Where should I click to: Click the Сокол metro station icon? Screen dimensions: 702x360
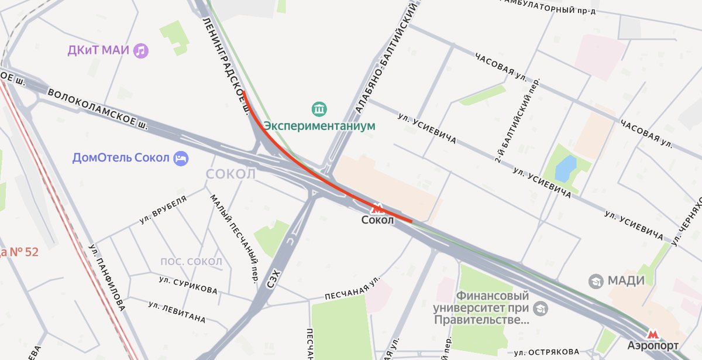(x=378, y=208)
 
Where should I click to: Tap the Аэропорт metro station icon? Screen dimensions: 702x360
(x=653, y=334)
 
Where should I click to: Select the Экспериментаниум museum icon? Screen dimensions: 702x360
(x=319, y=109)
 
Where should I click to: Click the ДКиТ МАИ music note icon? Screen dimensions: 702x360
(x=140, y=50)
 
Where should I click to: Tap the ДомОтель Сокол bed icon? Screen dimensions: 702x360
(x=181, y=158)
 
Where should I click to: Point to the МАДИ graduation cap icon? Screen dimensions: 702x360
(x=596, y=281)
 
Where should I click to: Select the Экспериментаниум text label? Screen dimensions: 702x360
(x=319, y=125)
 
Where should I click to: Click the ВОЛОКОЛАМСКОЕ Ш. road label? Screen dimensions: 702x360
(x=97, y=109)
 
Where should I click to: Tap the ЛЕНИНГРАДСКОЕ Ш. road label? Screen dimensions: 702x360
(x=225, y=64)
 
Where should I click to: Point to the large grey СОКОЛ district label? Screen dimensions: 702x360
(x=231, y=174)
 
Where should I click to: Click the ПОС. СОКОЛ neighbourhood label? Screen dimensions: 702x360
(x=191, y=261)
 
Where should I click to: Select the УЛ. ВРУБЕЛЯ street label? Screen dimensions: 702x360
(x=163, y=210)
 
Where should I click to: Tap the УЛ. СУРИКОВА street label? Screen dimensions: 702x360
(x=188, y=286)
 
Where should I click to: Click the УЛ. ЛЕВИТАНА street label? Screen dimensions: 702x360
(x=177, y=312)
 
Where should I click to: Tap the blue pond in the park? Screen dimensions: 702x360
(x=565, y=169)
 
